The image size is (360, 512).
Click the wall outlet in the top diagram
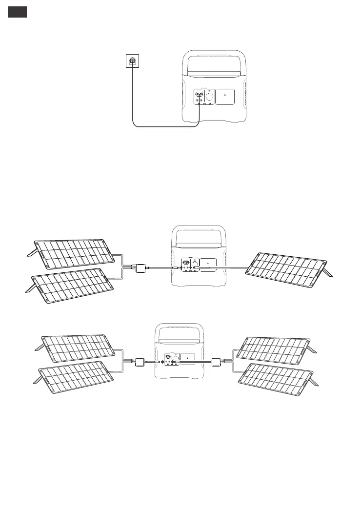pos(131,61)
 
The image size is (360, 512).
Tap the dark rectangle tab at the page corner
pos(17,13)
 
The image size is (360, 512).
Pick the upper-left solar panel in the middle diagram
pos(73,252)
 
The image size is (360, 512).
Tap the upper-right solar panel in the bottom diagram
pos(275,348)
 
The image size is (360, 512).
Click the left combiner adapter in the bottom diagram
pos(140,362)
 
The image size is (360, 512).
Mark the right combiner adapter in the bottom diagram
pos(217,362)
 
